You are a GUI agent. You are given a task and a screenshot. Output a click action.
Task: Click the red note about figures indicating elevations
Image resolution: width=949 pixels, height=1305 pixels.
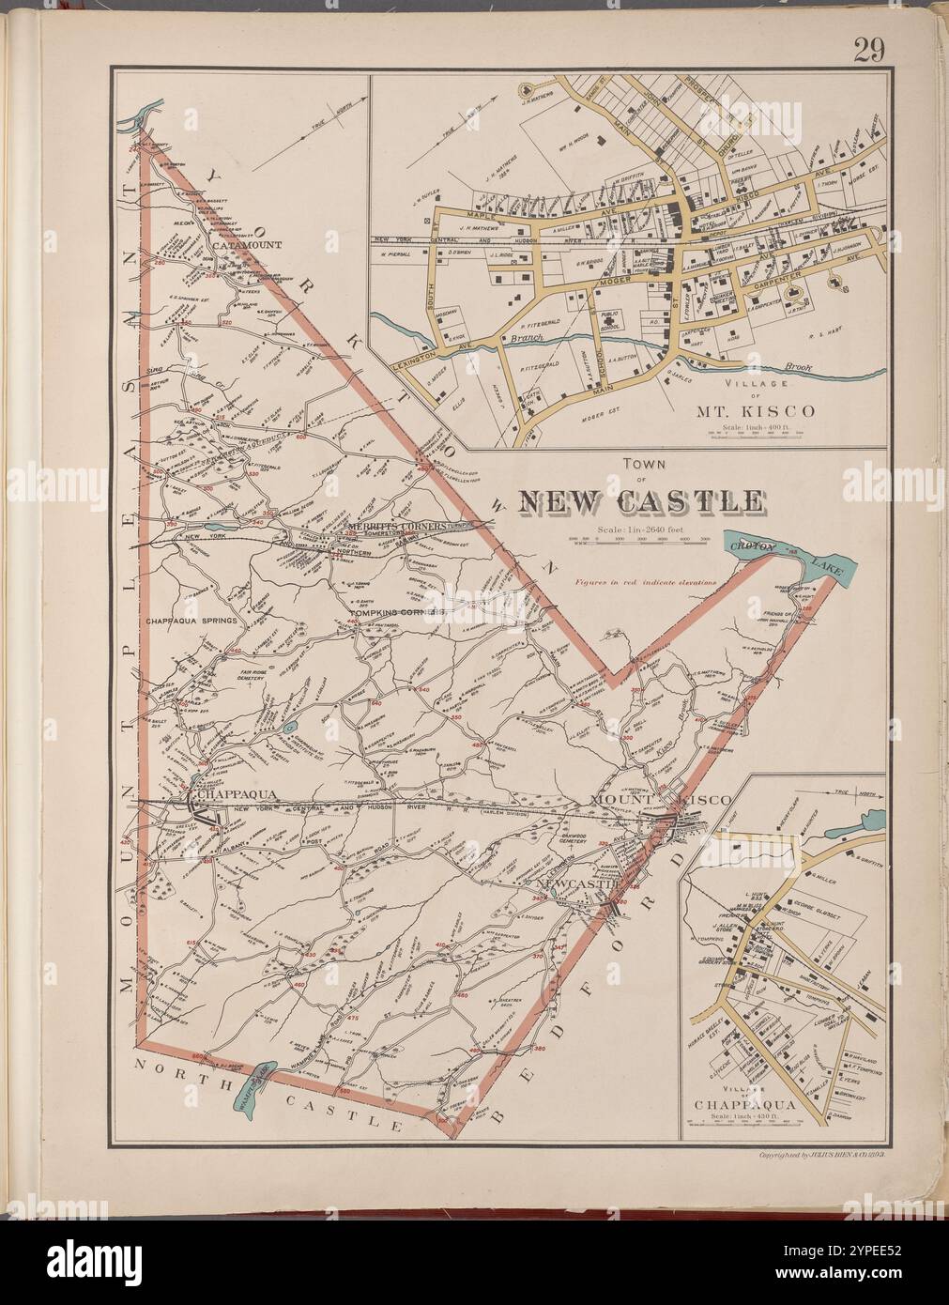[x=646, y=582]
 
